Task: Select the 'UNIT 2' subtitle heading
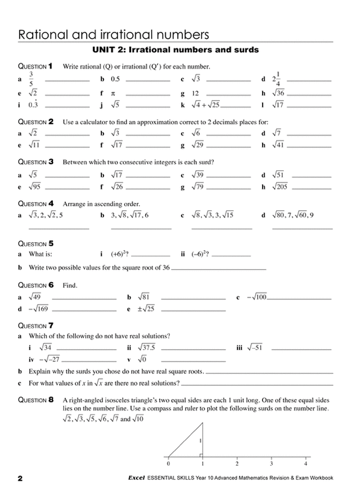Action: [x=175, y=50]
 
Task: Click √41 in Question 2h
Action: [x=279, y=145]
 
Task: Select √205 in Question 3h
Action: [x=281, y=187]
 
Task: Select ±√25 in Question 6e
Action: [x=146, y=309]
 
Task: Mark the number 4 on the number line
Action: [x=305, y=464]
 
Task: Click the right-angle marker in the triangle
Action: [x=200, y=453]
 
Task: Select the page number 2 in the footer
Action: [x=20, y=479]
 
